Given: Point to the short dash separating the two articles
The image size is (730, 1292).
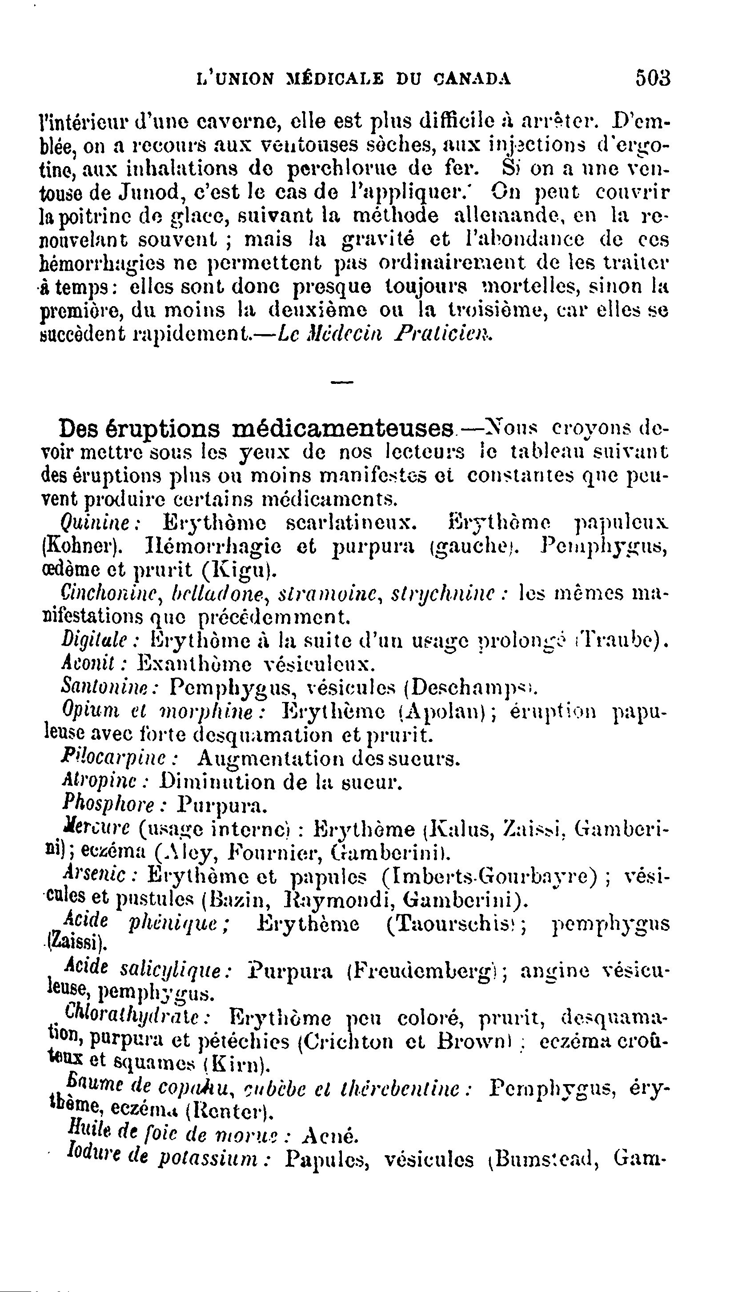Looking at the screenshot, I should (342, 383).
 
